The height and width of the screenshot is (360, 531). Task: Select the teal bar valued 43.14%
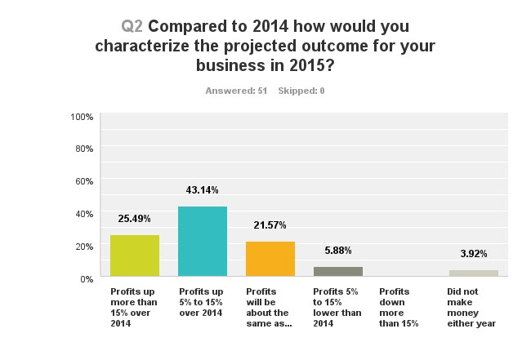[x=203, y=242]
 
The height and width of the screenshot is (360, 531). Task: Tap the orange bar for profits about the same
[x=270, y=260]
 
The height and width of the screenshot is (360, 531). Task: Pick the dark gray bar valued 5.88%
[x=338, y=272]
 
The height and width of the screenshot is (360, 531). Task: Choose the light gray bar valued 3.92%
[x=473, y=273]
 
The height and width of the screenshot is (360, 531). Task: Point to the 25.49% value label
[x=135, y=220]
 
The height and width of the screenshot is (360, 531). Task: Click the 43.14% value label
[x=203, y=190]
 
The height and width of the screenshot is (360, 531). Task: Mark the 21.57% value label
[x=270, y=225]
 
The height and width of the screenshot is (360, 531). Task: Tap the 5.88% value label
[x=338, y=251]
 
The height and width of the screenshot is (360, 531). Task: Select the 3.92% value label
[x=473, y=254]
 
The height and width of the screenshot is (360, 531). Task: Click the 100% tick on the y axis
[x=82, y=117]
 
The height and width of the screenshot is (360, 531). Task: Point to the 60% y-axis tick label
[x=84, y=181]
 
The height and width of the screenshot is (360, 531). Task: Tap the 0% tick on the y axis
[x=87, y=278]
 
